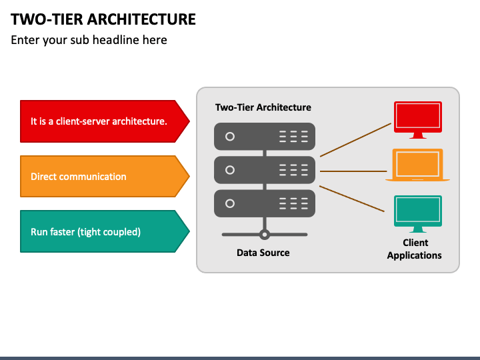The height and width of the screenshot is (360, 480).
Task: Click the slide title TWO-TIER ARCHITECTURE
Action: click(103, 19)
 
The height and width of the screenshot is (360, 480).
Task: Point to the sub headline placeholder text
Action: click(89, 40)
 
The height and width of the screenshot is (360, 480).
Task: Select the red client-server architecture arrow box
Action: click(105, 121)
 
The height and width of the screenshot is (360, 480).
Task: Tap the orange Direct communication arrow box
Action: click(105, 176)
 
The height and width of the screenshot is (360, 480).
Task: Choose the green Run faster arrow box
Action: click(105, 231)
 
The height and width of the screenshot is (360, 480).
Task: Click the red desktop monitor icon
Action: click(418, 120)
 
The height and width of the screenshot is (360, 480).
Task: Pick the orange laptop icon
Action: click(417, 165)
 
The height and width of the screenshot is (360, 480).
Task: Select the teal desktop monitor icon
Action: click(418, 214)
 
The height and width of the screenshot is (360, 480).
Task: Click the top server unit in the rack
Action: click(265, 137)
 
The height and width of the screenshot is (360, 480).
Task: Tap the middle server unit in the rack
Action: click(265, 170)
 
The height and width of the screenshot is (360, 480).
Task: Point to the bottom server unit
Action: click(265, 203)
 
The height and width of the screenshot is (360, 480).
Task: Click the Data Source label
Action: click(263, 253)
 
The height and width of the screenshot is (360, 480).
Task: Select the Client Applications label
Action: click(415, 249)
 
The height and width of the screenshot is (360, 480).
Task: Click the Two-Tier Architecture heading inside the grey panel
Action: click(263, 107)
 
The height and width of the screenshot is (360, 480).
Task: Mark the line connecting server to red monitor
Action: click(356, 140)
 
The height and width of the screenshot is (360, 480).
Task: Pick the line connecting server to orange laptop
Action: click(353, 171)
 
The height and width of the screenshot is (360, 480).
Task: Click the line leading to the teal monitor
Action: click(352, 199)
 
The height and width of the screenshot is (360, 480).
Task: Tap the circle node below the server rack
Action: click(265, 235)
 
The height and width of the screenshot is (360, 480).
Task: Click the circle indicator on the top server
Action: click(230, 137)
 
